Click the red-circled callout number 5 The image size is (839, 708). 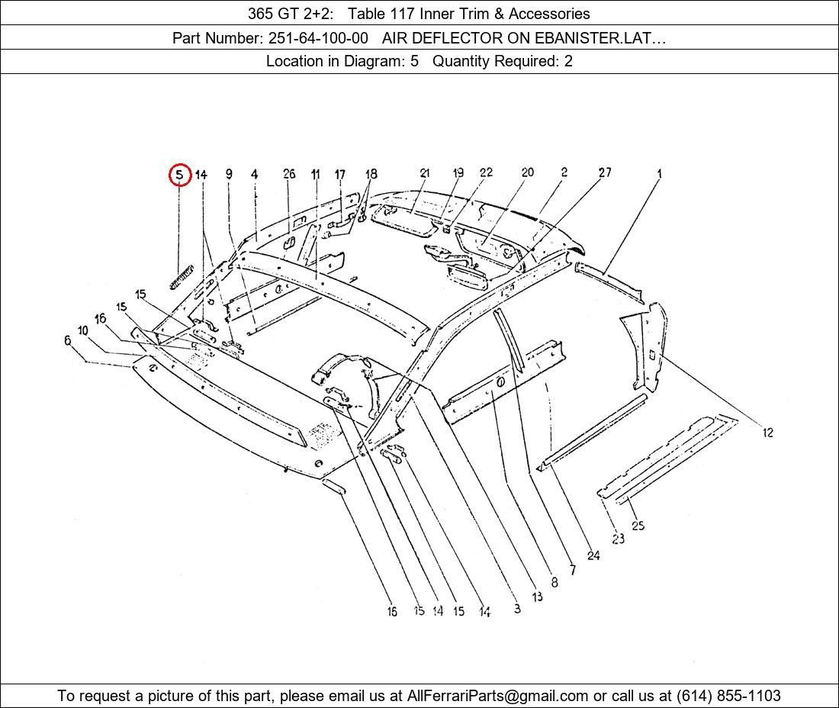click(179, 175)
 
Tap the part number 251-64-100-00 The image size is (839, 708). click(318, 38)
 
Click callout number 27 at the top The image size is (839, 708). click(605, 172)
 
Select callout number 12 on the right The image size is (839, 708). click(768, 433)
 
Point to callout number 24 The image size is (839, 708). click(593, 555)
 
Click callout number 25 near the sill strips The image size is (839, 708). click(638, 526)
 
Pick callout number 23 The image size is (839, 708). click(618, 539)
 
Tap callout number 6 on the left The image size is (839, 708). click(67, 340)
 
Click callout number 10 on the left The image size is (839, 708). click(82, 330)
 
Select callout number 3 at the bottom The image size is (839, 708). click(517, 608)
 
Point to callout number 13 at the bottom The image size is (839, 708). click(537, 596)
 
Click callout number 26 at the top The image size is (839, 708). click(289, 173)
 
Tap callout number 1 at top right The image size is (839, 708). click(660, 173)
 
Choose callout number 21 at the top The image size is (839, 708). click(425, 173)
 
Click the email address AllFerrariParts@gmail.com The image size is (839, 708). click(497, 696)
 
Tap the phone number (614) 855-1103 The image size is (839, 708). click(728, 696)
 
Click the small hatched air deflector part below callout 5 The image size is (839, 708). click(182, 277)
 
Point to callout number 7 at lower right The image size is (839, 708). click(573, 569)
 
